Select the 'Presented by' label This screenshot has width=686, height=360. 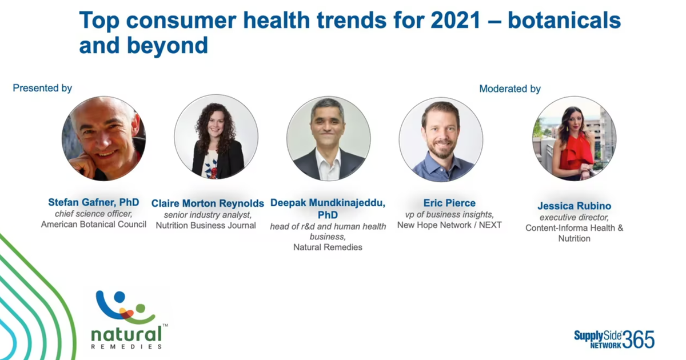click(x=42, y=88)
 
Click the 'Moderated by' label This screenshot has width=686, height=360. click(x=510, y=89)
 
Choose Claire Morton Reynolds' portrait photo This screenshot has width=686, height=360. click(x=216, y=137)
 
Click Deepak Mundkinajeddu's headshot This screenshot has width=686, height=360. click(x=328, y=139)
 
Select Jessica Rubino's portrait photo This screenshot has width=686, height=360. click(x=574, y=138)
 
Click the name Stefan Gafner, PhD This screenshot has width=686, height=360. click(x=94, y=202)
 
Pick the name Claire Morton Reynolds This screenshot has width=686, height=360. click(x=208, y=203)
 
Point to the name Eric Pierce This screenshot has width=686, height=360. click(x=449, y=203)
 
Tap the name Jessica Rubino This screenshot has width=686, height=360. click(x=574, y=206)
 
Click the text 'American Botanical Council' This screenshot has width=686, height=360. click(x=94, y=225)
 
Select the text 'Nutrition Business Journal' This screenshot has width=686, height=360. click(x=206, y=225)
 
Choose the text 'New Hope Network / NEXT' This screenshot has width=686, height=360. click(x=449, y=225)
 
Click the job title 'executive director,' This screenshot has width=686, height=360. click(x=574, y=217)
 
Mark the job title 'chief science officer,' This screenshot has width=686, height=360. click(x=93, y=214)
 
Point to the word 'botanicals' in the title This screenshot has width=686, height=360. click(x=564, y=21)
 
